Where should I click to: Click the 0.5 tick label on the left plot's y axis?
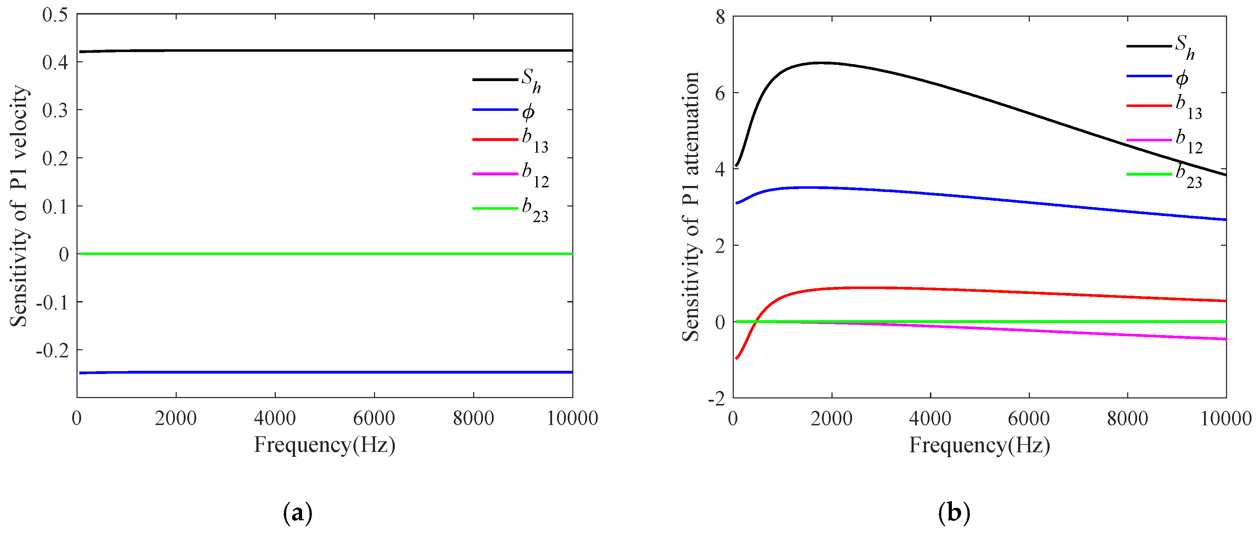(55, 15)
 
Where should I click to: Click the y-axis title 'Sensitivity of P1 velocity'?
(19, 205)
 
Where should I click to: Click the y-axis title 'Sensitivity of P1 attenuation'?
(691, 206)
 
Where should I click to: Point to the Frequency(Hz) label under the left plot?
(324, 445)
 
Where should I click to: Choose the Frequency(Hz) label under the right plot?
(979, 445)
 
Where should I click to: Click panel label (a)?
(297, 513)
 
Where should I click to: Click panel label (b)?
(954, 513)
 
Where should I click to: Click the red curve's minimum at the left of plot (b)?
(737, 358)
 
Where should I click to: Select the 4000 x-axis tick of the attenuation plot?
(930, 419)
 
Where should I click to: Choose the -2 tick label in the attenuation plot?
(717, 399)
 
